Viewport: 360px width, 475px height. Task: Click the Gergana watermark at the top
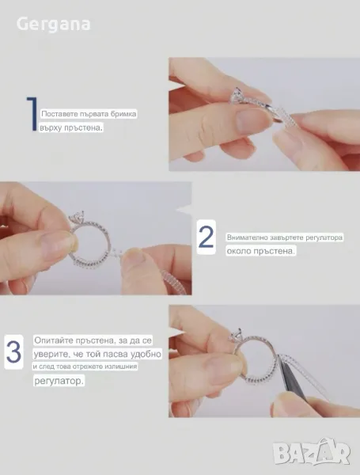point(53,25)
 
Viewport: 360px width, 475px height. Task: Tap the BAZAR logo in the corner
point(312,451)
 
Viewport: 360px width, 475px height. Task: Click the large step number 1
point(32,114)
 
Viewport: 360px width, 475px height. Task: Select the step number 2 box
point(207,237)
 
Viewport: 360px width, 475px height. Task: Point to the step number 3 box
point(13,352)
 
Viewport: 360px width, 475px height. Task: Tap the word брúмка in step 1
point(125,114)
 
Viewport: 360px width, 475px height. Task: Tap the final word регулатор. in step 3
point(59,381)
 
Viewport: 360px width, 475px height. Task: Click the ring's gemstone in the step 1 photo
point(237,97)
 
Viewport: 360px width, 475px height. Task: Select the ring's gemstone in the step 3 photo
point(237,336)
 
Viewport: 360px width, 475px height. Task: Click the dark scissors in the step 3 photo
point(293,378)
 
